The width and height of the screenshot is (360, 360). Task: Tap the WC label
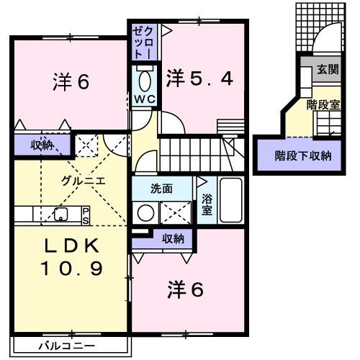coord(145,99)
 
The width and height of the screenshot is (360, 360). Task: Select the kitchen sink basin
coord(61,214)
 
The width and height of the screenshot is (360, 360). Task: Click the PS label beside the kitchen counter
coord(86,216)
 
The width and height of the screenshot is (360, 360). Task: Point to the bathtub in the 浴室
coord(230,200)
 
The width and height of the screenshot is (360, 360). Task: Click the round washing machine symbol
coord(145,213)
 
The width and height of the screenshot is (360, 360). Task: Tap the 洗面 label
coord(161,189)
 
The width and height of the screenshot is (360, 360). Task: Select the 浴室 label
coord(207,204)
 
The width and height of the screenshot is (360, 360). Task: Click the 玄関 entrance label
coord(328,69)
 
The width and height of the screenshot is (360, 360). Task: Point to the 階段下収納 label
coord(303,156)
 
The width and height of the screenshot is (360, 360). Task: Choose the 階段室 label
coord(323,105)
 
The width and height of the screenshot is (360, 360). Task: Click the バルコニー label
coord(67,346)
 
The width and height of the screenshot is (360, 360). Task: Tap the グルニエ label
coord(84,181)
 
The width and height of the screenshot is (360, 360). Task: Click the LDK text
coord(72,246)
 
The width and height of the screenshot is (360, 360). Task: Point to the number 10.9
coord(72,268)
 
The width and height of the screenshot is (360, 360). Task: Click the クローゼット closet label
coord(144,42)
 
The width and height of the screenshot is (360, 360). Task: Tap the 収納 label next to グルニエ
coord(42,145)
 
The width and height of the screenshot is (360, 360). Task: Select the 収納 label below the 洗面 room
coord(173,239)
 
